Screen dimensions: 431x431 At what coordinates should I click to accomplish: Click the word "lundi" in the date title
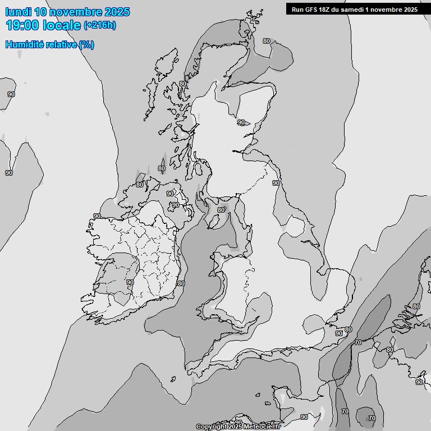(x=18, y=12)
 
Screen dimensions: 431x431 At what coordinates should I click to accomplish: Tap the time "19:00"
(x=21, y=25)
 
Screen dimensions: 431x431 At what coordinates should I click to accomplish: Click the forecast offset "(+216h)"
(x=100, y=26)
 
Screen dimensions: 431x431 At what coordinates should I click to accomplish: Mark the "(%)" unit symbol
(x=87, y=44)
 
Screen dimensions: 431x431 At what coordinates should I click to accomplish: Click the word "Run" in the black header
(x=298, y=10)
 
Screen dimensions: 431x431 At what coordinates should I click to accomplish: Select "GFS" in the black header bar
(x=312, y=10)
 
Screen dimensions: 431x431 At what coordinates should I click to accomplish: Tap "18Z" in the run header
(x=327, y=10)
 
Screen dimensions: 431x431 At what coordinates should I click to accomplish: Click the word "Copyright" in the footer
(x=212, y=427)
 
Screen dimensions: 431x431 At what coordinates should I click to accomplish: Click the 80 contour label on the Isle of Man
(x=221, y=210)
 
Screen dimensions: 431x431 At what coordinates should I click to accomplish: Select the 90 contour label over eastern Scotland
(x=241, y=122)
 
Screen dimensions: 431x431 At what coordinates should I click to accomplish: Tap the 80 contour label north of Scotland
(x=266, y=41)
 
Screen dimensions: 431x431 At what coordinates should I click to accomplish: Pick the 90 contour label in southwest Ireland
(x=130, y=282)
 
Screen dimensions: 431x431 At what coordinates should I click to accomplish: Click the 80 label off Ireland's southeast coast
(x=181, y=284)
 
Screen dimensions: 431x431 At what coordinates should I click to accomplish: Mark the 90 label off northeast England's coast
(x=276, y=183)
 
